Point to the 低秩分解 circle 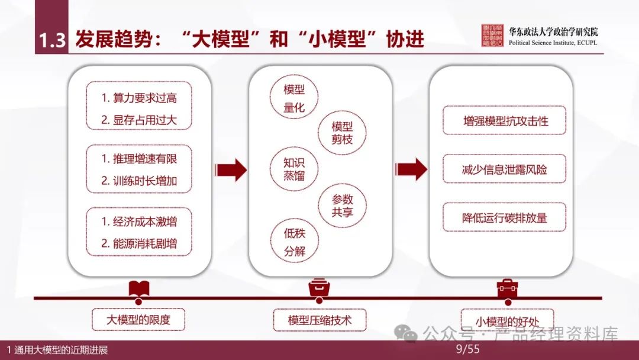point(294,242)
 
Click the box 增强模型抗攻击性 point(505,121)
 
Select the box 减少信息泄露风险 point(505,169)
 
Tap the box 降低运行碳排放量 point(505,217)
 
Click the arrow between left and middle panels point(231,170)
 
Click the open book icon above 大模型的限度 point(139,289)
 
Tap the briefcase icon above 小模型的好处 point(506,289)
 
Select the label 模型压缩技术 point(319,320)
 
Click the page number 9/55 point(467,350)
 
